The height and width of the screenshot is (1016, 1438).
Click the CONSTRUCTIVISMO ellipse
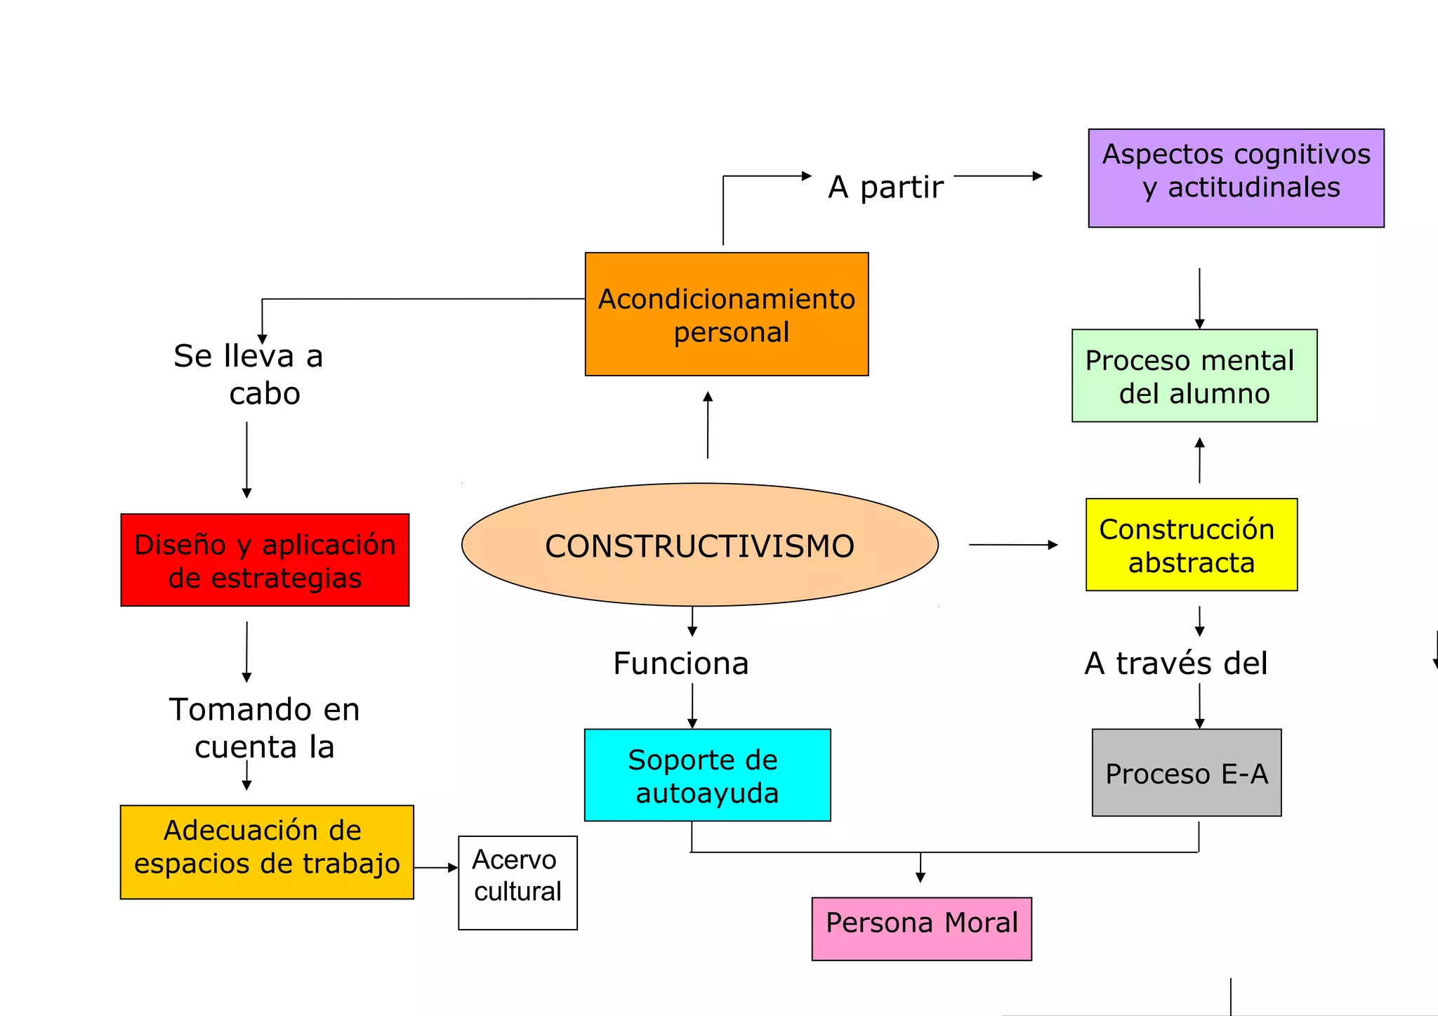(x=699, y=545)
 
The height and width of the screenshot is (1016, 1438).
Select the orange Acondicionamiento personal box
(x=727, y=315)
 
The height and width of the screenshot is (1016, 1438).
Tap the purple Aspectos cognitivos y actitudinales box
(x=1236, y=178)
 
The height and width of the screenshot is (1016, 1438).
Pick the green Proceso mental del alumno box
(x=1194, y=376)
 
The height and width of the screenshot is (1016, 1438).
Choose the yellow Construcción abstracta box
(x=1191, y=545)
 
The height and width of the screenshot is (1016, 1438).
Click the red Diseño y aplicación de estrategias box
(x=265, y=560)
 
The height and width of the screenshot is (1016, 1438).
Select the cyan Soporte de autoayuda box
(x=707, y=775)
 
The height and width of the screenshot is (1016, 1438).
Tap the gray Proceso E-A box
(x=1187, y=772)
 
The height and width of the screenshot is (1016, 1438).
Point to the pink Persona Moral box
(x=921, y=928)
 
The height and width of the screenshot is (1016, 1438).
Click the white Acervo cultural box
(x=517, y=883)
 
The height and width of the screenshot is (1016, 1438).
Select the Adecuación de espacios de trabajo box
(x=267, y=852)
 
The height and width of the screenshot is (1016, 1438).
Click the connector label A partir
(x=885, y=187)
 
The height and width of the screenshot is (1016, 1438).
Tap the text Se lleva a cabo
(x=249, y=374)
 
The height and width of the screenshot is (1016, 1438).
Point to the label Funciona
(x=680, y=664)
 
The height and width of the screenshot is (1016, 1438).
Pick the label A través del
(x=1176, y=664)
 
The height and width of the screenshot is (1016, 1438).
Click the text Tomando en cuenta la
(x=264, y=727)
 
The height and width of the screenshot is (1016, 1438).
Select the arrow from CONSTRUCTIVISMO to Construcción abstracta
(x=1012, y=545)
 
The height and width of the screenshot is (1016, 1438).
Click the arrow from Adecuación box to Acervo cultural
(x=435, y=868)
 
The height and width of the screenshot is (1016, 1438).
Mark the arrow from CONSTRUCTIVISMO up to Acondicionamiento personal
(x=708, y=425)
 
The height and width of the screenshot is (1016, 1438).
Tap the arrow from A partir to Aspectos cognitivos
(x=997, y=176)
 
